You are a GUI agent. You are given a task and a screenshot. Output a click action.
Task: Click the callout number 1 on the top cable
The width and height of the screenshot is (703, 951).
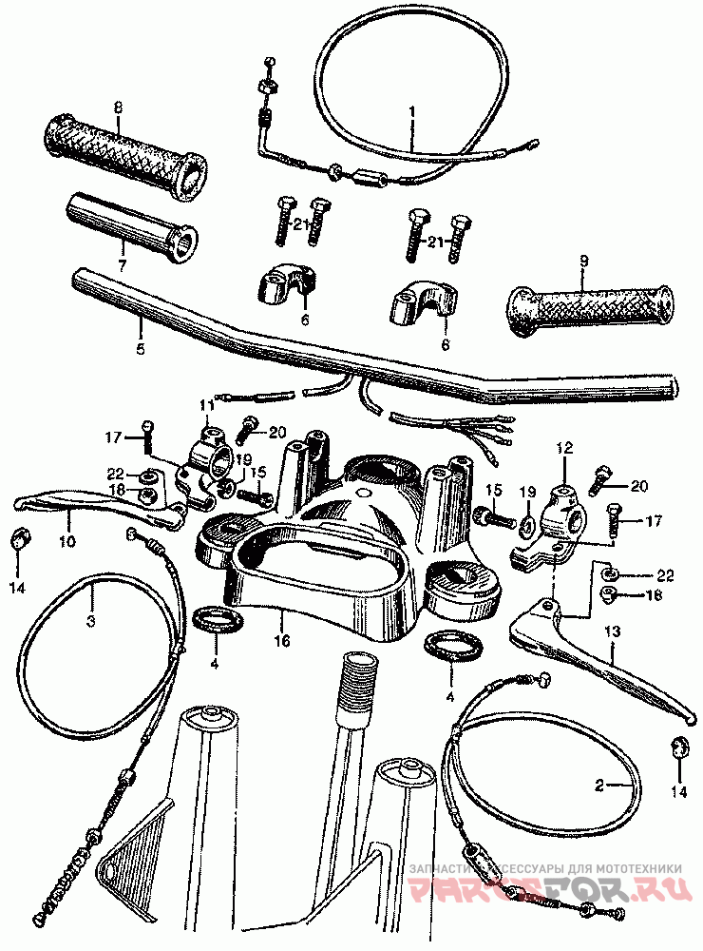(x=412, y=111)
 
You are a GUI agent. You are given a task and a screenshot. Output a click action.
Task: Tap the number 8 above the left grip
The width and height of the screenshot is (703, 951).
(x=118, y=107)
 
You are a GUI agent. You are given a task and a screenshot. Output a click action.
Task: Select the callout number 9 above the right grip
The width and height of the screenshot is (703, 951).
(x=583, y=260)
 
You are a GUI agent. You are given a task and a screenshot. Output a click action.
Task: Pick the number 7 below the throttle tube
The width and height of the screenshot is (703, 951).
(x=121, y=266)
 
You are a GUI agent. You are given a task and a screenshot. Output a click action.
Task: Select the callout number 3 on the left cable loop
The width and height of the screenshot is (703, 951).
(x=91, y=622)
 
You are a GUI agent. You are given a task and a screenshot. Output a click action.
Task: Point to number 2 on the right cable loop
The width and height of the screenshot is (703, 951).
(x=598, y=785)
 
